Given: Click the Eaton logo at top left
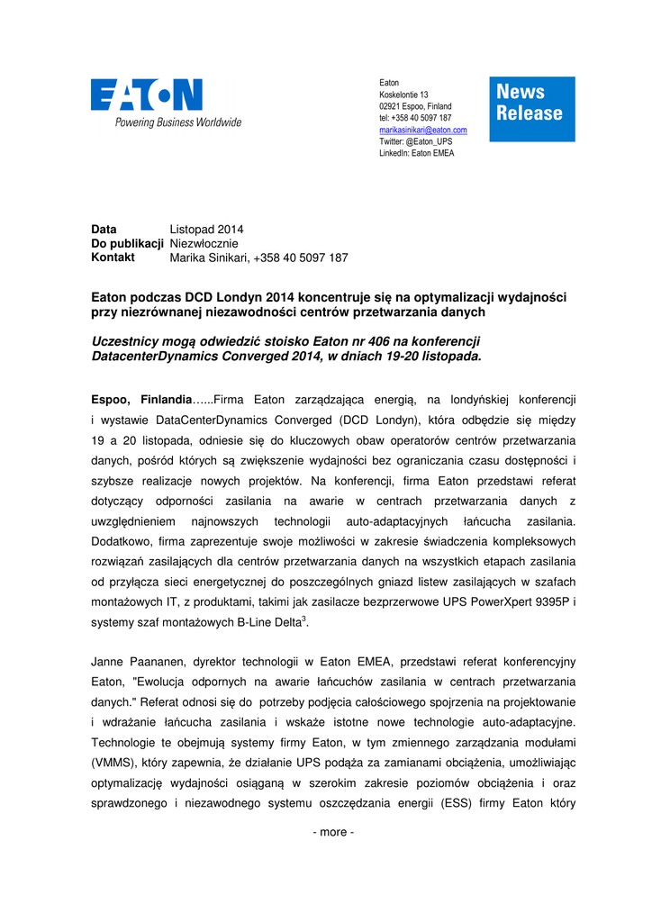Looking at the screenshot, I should (x=147, y=95).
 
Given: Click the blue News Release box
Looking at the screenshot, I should (x=532, y=109).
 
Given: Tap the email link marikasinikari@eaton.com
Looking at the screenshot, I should (x=422, y=130).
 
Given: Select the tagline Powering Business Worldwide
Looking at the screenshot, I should (x=177, y=122).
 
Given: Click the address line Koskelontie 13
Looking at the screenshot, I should (x=403, y=95).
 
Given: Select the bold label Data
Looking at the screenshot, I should (x=104, y=230).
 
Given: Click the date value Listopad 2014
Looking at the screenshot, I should (x=206, y=230).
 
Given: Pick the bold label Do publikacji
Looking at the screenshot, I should (x=128, y=243).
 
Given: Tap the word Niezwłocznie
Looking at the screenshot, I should (x=204, y=243).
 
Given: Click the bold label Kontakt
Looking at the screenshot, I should (x=113, y=258).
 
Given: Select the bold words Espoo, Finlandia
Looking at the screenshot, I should (x=141, y=399).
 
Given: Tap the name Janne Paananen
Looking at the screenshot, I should (x=135, y=662).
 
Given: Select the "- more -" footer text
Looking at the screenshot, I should (x=333, y=832).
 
